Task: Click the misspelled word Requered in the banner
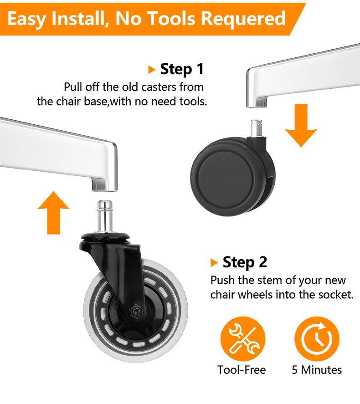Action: (x=243, y=19)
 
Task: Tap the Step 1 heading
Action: (x=182, y=69)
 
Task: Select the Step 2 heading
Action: (x=245, y=262)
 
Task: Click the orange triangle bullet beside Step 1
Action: (x=152, y=70)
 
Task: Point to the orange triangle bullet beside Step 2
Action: (x=214, y=262)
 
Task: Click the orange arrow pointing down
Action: (x=301, y=125)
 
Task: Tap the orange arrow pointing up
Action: (x=54, y=213)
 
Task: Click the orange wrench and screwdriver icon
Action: (x=243, y=339)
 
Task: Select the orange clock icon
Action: (x=317, y=339)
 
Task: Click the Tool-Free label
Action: (x=242, y=370)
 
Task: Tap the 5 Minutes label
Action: (x=317, y=370)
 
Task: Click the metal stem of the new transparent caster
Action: (x=105, y=216)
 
